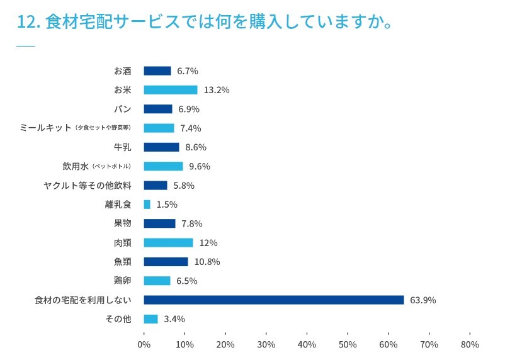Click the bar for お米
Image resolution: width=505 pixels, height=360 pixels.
coord(170,90)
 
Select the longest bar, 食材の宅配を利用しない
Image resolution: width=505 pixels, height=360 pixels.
coord(273,300)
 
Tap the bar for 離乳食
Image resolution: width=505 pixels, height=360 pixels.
coord(147,205)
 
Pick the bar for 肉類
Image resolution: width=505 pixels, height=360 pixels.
coord(168,243)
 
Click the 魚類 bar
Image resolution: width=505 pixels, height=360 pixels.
coord(166,262)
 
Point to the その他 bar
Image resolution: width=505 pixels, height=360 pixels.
coord(150,319)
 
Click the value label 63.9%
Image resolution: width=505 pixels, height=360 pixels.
coord(423,300)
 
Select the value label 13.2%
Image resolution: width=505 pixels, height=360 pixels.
coord(216,90)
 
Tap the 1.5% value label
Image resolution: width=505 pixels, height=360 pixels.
coord(167,205)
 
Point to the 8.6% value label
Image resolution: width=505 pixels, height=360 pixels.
coord(196,147)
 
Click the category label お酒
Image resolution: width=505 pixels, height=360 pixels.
coord(122,70)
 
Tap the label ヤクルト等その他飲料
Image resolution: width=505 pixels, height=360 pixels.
coord(88,186)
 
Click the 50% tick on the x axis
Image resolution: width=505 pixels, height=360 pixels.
coord(348,345)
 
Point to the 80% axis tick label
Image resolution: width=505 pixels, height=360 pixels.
coord(470,345)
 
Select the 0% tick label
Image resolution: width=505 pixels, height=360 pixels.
coord(144,345)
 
